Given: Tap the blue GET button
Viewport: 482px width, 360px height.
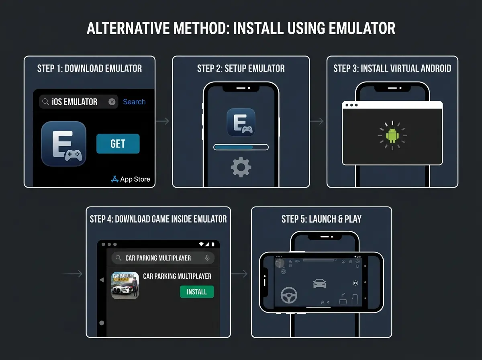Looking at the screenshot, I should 118,144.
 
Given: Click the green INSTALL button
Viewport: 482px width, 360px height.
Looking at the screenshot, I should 197,292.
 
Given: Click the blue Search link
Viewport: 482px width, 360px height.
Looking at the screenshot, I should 134,102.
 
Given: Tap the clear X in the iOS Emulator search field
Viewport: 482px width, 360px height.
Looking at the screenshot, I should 112,102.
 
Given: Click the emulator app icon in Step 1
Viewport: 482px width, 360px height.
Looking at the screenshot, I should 63,144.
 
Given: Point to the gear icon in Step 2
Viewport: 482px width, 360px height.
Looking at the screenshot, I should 241,168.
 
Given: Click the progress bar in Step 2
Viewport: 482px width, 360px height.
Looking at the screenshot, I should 241,147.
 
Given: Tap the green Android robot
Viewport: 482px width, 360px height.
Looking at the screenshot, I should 392,135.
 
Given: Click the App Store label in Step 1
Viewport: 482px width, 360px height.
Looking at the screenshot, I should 131,179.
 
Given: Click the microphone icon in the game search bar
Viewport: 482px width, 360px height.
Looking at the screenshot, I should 207,258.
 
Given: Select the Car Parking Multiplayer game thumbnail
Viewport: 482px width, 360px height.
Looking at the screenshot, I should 125,286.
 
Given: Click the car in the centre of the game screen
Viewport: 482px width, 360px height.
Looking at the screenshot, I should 319,284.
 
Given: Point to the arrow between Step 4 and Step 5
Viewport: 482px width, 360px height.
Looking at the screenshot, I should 240,274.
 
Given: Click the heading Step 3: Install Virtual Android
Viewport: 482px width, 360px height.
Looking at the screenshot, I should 392,68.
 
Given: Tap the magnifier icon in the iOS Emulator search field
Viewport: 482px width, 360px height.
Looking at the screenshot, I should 45,102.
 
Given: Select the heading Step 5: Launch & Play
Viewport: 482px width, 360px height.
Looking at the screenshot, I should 321,219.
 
